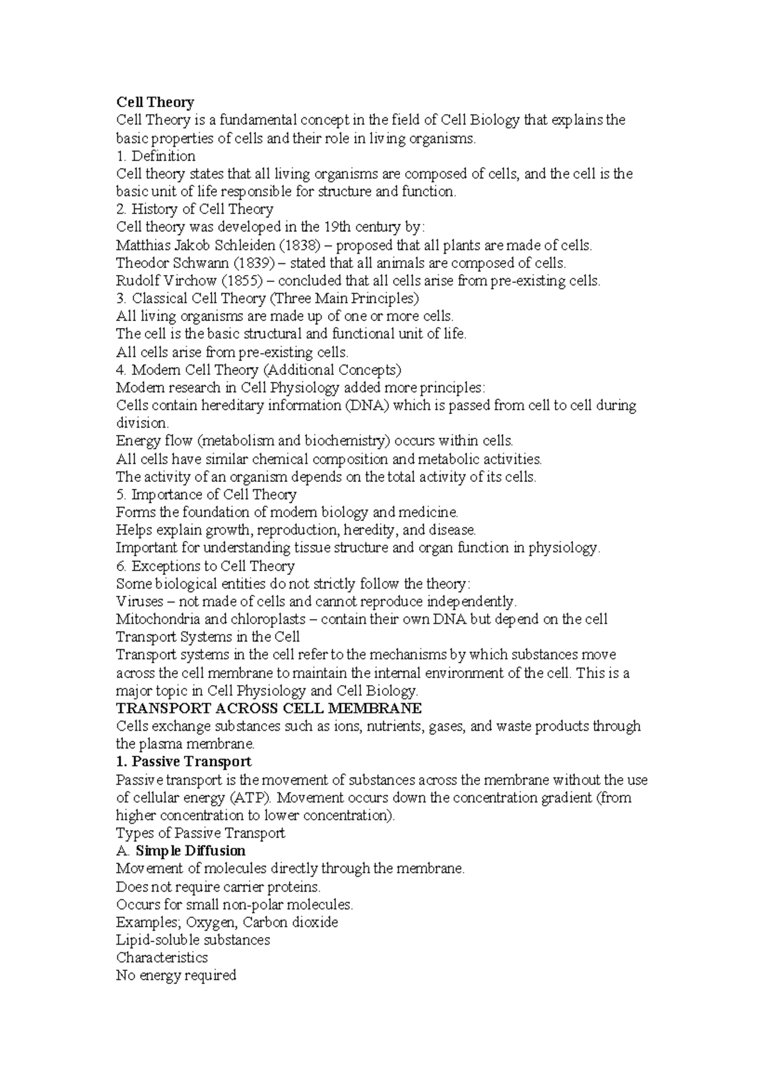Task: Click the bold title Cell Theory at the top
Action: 154,102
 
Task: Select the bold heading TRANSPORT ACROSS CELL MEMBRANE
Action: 269,708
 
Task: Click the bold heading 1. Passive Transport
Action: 183,761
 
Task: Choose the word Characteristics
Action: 161,958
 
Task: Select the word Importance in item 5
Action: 167,495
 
